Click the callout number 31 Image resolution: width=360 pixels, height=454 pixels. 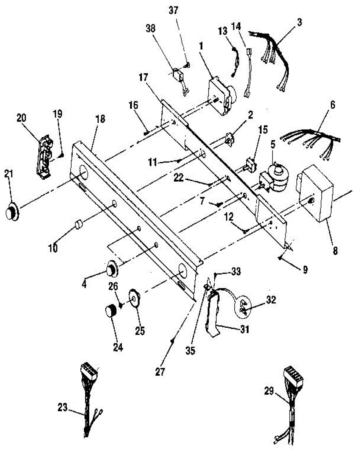click(x=245, y=330)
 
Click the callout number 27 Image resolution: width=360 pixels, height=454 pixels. click(x=161, y=372)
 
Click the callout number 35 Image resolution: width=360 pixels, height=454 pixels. click(x=190, y=351)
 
